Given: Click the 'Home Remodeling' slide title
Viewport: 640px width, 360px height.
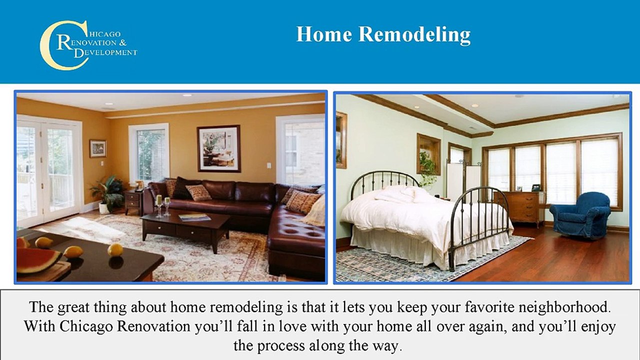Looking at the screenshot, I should click(x=383, y=35).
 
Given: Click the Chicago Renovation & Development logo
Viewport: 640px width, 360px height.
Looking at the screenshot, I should click(x=88, y=44).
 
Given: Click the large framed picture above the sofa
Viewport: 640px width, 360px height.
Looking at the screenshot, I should click(x=218, y=148).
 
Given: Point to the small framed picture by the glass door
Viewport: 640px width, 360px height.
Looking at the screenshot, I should click(x=98, y=148).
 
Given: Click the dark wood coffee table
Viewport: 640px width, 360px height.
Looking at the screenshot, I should click(x=185, y=228).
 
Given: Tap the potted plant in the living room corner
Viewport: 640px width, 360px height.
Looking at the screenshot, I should click(x=106, y=193).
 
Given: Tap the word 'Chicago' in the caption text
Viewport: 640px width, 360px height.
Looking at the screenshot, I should click(x=87, y=326).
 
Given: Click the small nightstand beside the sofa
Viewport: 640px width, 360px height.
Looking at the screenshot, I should click(x=133, y=201).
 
